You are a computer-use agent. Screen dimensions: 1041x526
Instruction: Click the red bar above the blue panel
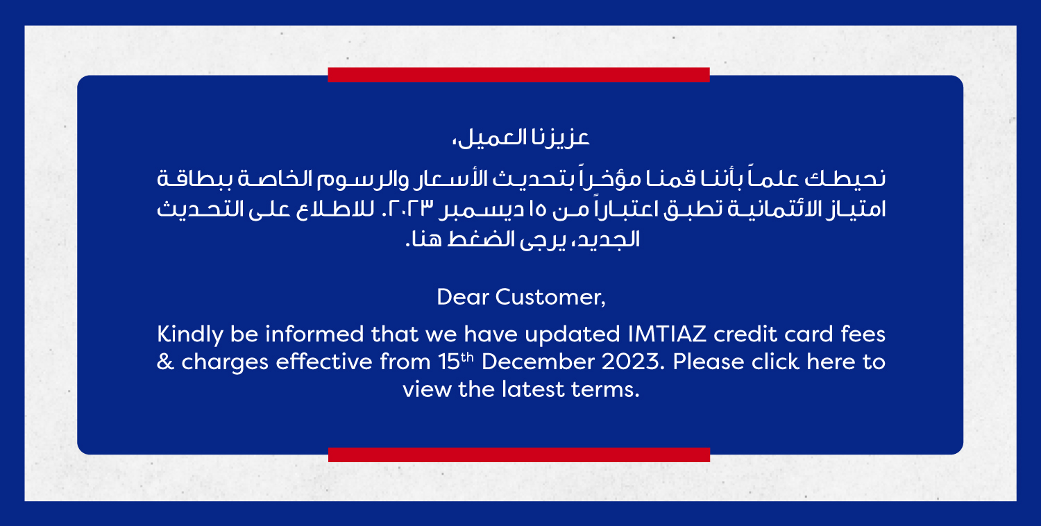[x=518, y=75]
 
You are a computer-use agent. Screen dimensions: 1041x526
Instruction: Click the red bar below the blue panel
[x=519, y=455]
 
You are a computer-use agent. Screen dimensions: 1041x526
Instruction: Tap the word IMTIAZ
[x=667, y=334]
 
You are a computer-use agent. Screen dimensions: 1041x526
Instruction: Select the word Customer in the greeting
[x=550, y=298]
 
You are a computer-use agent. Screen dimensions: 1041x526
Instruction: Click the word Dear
[x=462, y=297]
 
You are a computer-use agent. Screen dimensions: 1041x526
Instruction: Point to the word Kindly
[x=190, y=335]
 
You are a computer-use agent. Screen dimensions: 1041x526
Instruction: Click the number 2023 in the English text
[x=632, y=362]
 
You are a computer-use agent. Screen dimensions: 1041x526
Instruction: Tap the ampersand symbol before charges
[x=165, y=362]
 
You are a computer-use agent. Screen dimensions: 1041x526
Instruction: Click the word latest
[x=533, y=389]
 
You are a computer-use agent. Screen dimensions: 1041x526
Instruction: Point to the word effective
[x=324, y=362]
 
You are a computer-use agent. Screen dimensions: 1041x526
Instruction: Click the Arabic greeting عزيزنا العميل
[x=520, y=138]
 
